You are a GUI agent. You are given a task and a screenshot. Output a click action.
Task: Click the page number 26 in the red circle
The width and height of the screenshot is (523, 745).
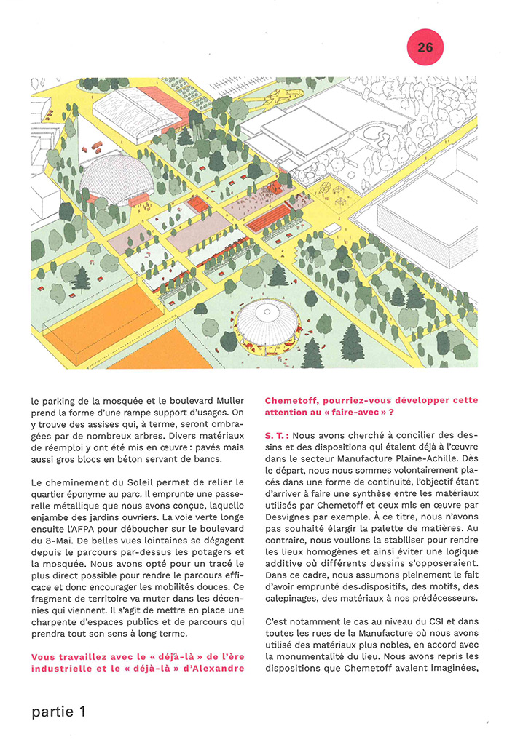tap(425, 47)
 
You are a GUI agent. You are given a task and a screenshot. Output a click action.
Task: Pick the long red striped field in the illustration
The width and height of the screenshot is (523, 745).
tap(269, 217)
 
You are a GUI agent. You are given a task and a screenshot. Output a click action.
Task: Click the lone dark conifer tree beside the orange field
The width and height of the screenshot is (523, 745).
tap(81, 277)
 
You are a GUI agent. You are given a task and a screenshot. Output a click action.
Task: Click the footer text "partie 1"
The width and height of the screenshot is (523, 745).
tap(59, 712)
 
